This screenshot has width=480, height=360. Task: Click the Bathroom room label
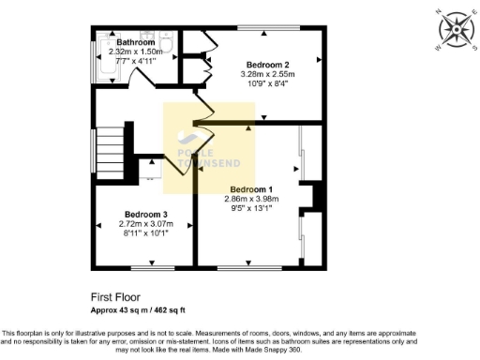(x=135, y=42)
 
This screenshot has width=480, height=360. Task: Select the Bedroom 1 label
(x=251, y=188)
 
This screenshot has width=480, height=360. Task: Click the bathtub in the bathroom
(x=103, y=61)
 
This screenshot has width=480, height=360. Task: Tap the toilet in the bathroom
(x=166, y=42)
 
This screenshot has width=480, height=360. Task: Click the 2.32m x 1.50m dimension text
(x=135, y=52)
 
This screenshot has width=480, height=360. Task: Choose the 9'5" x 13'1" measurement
(x=251, y=208)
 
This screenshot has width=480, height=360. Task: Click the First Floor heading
(x=114, y=296)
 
